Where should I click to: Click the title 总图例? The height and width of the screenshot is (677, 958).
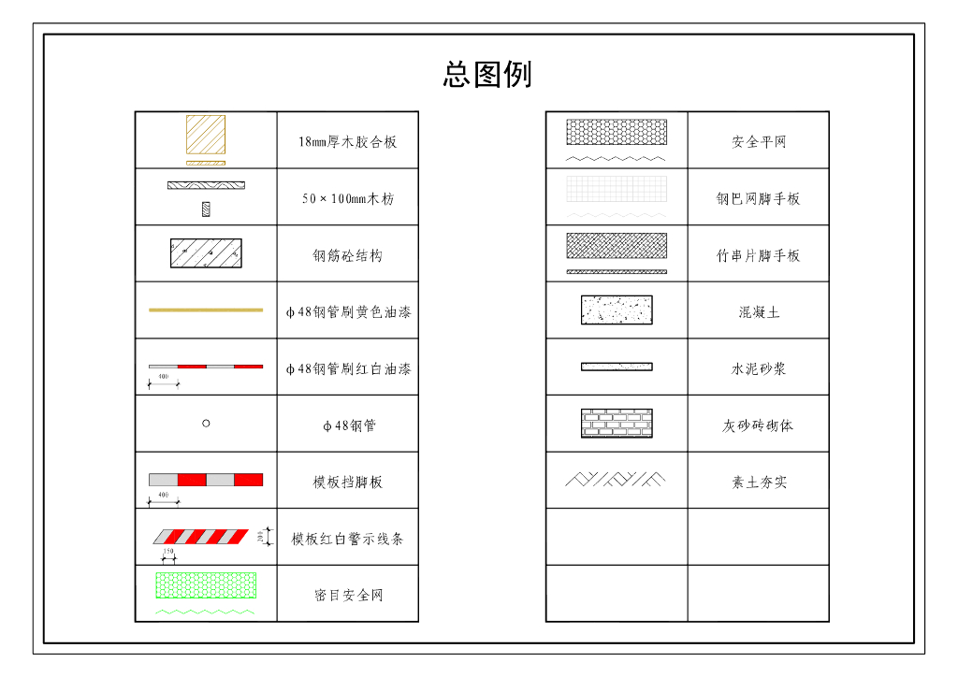[487, 74]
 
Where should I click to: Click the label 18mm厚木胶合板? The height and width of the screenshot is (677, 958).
[347, 142]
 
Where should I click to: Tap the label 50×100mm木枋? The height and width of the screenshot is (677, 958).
[347, 199]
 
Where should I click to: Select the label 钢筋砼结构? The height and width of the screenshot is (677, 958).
[347, 256]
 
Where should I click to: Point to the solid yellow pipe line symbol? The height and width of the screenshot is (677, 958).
[206, 310]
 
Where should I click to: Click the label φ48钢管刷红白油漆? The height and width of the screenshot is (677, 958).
[348, 369]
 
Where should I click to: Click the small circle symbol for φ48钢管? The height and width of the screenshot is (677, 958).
[206, 424]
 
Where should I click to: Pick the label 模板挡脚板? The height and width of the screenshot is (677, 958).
[347, 483]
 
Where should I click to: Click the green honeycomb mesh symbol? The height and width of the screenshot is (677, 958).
[206, 585]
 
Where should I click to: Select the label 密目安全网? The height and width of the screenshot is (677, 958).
[348, 596]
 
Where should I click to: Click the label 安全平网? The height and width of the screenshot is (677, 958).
[759, 142]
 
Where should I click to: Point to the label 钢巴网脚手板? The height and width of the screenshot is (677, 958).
[759, 199]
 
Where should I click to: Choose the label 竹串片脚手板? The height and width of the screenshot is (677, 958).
[759, 256]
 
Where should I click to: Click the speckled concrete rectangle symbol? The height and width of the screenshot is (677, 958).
[617, 310]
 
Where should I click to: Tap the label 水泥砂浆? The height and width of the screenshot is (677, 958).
[759, 369]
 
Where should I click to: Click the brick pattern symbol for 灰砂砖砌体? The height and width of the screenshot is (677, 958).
[617, 424]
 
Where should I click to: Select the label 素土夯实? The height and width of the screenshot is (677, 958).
[759, 483]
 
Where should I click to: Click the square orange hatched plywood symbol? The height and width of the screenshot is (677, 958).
[206, 135]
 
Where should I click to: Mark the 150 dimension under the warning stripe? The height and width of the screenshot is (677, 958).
[169, 553]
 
